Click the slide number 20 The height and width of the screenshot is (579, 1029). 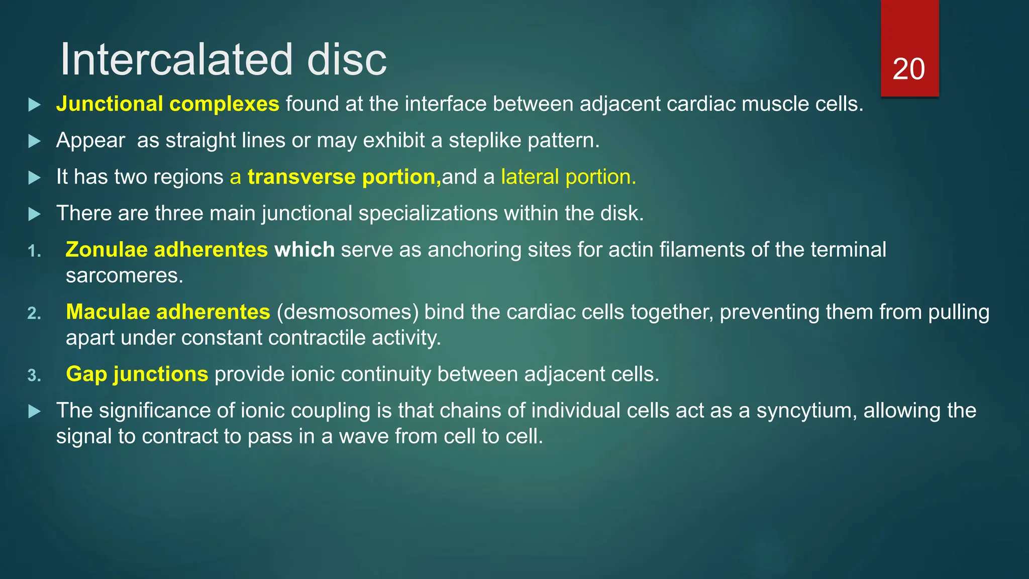(x=908, y=69)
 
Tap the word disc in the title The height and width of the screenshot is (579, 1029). (x=347, y=60)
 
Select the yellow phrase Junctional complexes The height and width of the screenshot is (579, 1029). (x=167, y=104)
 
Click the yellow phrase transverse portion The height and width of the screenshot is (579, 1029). (x=344, y=177)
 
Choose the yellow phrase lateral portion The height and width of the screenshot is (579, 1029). (x=568, y=177)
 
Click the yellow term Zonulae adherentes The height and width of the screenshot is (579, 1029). (x=166, y=250)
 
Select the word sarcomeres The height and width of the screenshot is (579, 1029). (x=124, y=275)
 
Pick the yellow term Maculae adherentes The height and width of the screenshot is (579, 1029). (x=168, y=312)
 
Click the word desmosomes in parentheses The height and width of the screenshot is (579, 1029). (x=348, y=312)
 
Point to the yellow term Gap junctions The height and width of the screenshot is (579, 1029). (x=137, y=374)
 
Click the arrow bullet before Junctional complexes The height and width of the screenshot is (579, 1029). (x=35, y=105)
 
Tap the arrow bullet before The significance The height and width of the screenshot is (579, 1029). (x=35, y=412)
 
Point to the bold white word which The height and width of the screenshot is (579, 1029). (x=304, y=250)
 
